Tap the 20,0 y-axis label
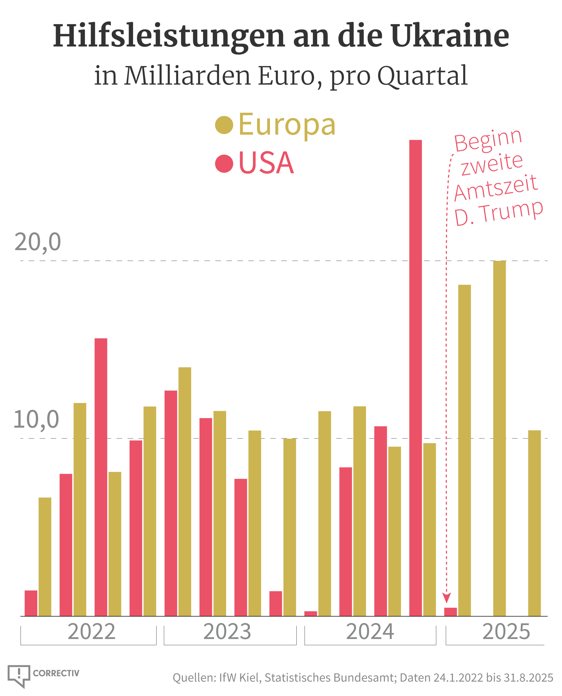click(x=38, y=242)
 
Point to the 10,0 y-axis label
click(x=36, y=419)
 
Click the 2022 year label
click(x=91, y=632)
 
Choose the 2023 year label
click(x=227, y=632)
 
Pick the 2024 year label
click(x=370, y=632)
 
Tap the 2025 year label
click(x=506, y=632)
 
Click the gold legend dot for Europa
click(x=224, y=125)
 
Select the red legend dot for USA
click(x=224, y=164)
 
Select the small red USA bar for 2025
click(x=450, y=612)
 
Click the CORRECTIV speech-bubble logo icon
click(x=19, y=675)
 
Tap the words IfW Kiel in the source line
click(x=240, y=678)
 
